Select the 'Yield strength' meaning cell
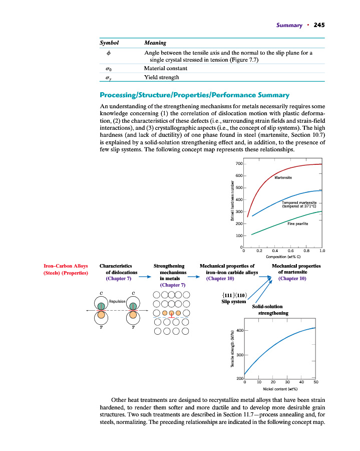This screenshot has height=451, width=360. [x=161, y=77]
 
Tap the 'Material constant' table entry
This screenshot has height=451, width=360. [x=166, y=68]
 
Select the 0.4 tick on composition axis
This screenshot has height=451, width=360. [x=275, y=250]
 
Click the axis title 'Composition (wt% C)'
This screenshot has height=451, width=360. [x=282, y=257]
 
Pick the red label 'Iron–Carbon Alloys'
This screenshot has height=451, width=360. [x=67, y=266]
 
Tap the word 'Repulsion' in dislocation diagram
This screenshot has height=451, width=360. [x=117, y=302]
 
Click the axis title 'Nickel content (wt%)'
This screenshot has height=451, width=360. [x=280, y=388]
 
